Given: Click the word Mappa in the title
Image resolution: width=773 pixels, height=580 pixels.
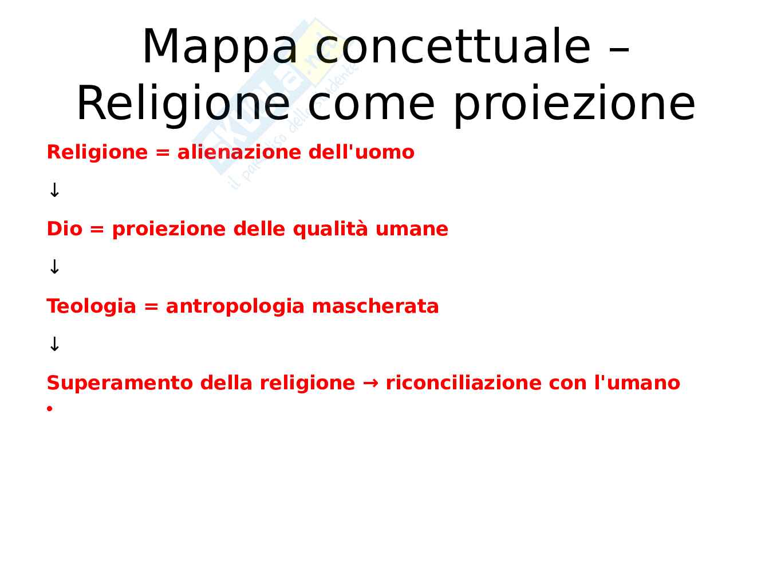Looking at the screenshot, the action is click(x=220, y=48).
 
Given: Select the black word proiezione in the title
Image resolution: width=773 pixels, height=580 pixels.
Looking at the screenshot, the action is click(x=574, y=105).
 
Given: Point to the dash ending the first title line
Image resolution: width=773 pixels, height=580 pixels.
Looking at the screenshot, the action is click(x=619, y=53).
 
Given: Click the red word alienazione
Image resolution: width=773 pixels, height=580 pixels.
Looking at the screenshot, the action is click(x=239, y=152).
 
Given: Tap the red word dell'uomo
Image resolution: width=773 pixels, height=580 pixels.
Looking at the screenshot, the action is click(x=361, y=152).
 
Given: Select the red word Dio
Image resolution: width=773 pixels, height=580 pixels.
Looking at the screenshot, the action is click(x=65, y=229).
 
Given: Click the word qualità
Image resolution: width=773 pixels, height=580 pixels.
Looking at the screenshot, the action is click(x=330, y=230).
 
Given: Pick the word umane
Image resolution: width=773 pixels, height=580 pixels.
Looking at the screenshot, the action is click(x=412, y=231).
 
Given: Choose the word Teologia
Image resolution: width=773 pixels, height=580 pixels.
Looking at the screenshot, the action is click(x=91, y=306).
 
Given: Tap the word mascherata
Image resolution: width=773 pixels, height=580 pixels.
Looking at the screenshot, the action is click(x=375, y=306).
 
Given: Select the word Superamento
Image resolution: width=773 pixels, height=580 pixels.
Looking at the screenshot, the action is click(x=120, y=383).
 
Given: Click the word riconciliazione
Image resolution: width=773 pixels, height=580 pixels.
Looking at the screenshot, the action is click(x=463, y=383).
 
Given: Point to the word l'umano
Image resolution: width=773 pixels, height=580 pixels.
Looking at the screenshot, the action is click(x=637, y=383).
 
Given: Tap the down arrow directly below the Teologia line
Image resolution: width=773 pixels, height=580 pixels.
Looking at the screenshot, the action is click(x=54, y=344).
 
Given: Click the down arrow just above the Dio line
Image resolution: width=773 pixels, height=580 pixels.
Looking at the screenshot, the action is click(x=54, y=190).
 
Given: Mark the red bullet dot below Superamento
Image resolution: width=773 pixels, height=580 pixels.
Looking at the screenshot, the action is click(x=50, y=408).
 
